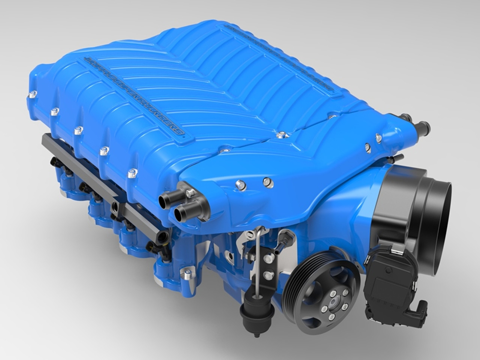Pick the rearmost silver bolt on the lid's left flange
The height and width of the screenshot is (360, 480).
coord(33,94)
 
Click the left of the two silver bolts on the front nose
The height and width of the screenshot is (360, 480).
coord(239,183)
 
